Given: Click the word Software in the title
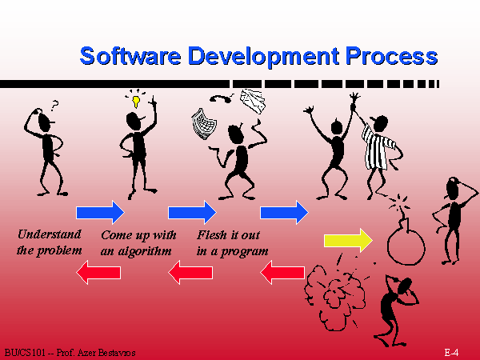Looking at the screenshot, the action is (x=130, y=56).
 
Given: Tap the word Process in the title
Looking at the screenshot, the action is (x=391, y=56).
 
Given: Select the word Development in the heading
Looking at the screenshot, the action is (x=263, y=57).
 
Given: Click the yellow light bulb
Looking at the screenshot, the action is (x=136, y=102).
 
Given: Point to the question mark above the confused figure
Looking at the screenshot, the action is (x=54, y=106).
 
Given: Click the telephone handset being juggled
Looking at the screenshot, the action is (x=221, y=98).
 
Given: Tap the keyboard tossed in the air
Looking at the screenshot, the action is (x=203, y=124).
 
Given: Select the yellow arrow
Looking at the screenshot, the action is (x=348, y=240).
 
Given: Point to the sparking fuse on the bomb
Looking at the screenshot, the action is (x=401, y=205).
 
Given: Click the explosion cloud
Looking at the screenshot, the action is (x=334, y=296).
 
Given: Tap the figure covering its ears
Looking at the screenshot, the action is (x=398, y=309).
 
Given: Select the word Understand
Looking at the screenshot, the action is (x=50, y=234).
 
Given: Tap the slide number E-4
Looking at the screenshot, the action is (x=451, y=352).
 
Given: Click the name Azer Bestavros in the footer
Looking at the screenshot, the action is (x=106, y=353).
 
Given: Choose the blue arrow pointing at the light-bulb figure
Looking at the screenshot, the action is (x=100, y=212).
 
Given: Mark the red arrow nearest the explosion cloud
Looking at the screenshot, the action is (x=282, y=272).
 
